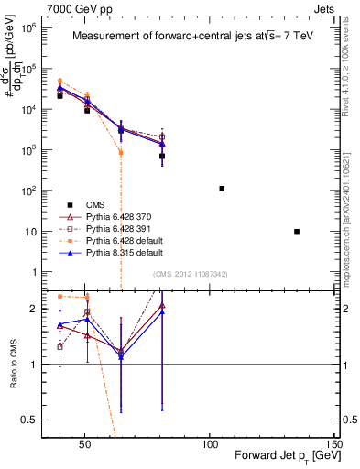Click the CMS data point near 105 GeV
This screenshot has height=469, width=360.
click(222, 189)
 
